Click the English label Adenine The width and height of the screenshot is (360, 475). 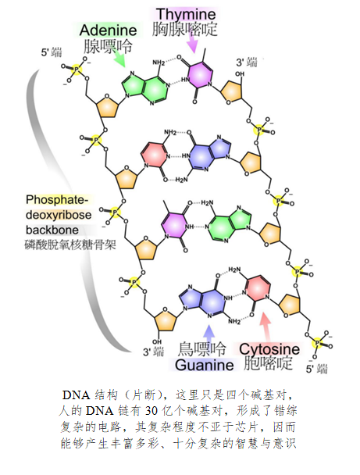click(108, 30)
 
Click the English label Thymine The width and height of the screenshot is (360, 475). click(186, 14)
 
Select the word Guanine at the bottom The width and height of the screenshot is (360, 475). click(205, 364)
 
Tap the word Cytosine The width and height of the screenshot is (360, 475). click(269, 349)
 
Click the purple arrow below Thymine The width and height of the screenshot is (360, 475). click(192, 43)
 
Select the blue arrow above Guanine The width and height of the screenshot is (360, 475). click(209, 334)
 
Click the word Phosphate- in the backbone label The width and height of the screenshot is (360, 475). click(57, 200)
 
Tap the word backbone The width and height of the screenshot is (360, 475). click(52, 230)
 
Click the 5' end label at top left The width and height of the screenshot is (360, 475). click(52, 52)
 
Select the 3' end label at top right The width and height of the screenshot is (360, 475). click(247, 62)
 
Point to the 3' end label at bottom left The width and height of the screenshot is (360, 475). click(153, 352)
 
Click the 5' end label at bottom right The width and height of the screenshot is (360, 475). click(317, 369)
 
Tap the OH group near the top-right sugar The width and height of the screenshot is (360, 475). click(240, 73)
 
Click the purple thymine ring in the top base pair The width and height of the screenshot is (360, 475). click(200, 76)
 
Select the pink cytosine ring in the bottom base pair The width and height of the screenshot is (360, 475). click(258, 289)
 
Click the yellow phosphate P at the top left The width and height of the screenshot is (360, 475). click(77, 70)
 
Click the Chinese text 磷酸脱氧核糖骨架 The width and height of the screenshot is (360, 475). click(70, 245)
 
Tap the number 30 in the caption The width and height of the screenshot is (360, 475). click(151, 411)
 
